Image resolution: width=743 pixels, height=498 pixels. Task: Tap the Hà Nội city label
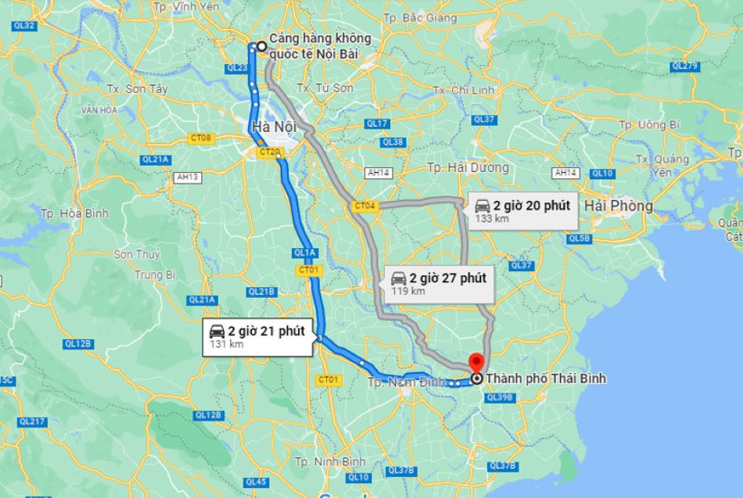272,127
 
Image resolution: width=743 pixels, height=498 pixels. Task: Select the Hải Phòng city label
618,206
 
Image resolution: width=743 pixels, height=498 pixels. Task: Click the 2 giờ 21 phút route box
260,337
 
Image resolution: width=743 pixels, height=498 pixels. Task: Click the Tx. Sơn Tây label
136,89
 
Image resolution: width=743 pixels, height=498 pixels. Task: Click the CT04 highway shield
365,206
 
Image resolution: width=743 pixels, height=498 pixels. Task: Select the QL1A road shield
304,253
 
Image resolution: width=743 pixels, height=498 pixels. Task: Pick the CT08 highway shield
201,138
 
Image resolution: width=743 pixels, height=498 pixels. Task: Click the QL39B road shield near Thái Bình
498,397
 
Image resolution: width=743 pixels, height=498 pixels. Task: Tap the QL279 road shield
684,66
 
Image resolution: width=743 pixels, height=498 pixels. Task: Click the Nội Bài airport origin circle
261,46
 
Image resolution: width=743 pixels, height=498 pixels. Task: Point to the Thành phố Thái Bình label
545,379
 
